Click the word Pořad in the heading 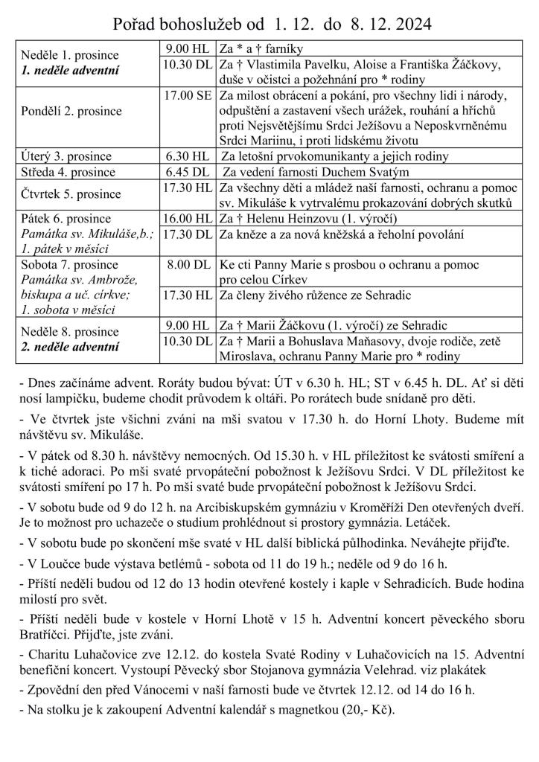pos(135,25)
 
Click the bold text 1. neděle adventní pos(70,71)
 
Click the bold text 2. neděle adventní pos(70,347)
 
